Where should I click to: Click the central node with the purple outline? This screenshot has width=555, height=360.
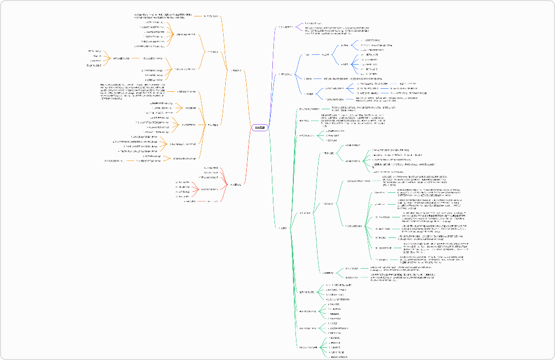pyautogui.click(x=260, y=127)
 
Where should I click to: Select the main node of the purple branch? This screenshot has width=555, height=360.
pyautogui.click(x=285, y=27)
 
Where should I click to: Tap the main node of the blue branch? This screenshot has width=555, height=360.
pyautogui.click(x=286, y=74)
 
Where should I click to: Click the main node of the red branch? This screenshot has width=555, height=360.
pyautogui.click(x=235, y=184)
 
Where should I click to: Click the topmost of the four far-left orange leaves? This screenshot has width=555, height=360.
pyautogui.click(x=94, y=51)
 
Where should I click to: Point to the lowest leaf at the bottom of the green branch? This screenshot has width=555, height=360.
pyautogui.click(x=334, y=356)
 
